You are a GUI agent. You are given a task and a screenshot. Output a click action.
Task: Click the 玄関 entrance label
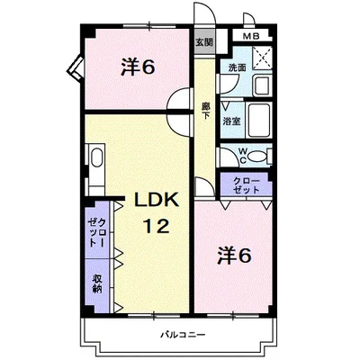(x=205, y=42)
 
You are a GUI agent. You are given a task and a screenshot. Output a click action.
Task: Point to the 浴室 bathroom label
(x=231, y=121)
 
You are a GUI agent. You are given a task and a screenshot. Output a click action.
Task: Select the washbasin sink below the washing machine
(x=259, y=85)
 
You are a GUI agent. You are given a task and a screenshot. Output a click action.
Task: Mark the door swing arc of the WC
(x=227, y=155)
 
